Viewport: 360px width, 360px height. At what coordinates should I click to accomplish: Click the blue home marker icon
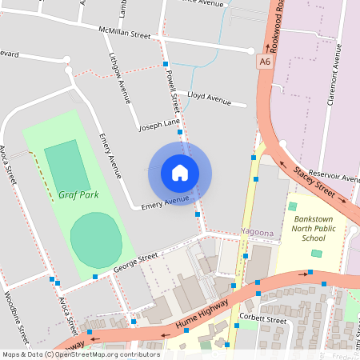[179, 172]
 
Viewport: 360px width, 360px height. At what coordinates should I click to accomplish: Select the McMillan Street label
[124, 34]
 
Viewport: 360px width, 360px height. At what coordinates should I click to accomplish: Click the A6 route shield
[265, 61]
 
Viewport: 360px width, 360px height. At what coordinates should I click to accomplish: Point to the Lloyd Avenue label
[208, 98]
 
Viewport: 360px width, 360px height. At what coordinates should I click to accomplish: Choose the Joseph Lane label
[159, 126]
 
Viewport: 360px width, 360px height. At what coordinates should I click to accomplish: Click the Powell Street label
[172, 90]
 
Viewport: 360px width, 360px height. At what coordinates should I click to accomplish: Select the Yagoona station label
[258, 232]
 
